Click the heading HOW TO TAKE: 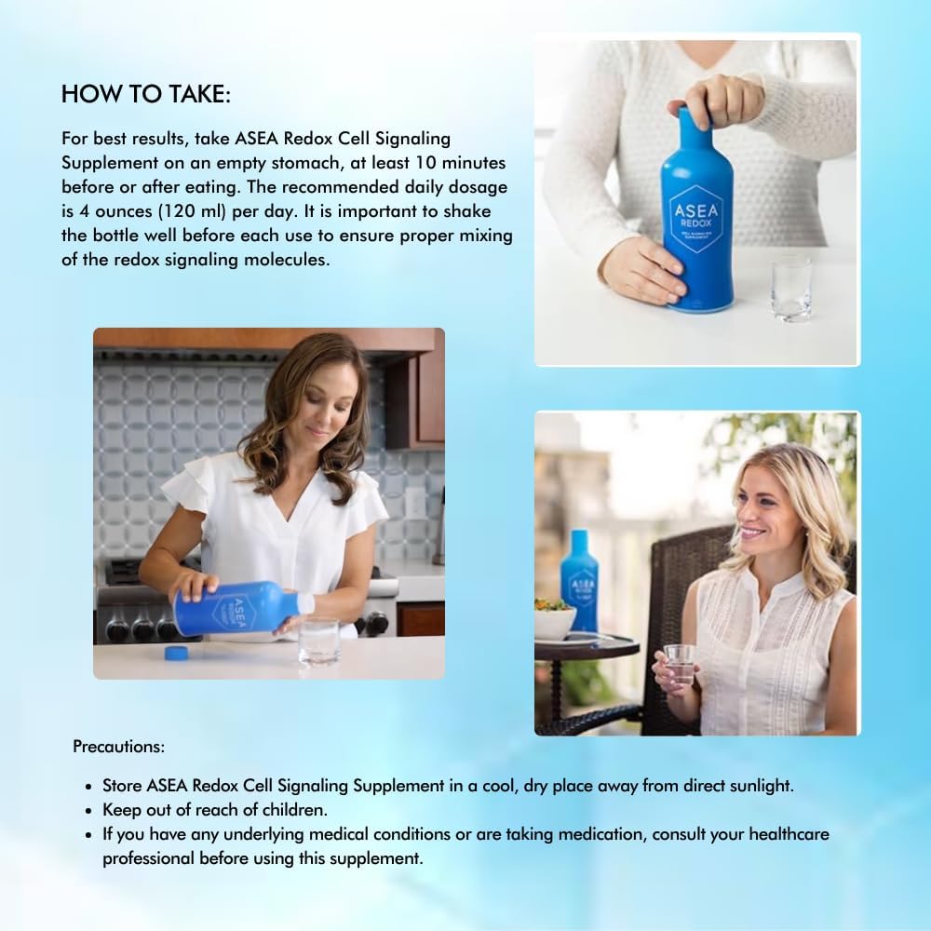(x=145, y=94)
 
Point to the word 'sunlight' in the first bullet (x=762, y=785)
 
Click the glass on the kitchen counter (x=318, y=641)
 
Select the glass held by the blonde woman (x=680, y=665)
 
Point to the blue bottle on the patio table (x=579, y=577)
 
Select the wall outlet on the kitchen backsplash (x=414, y=503)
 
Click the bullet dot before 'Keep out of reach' (x=88, y=810)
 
